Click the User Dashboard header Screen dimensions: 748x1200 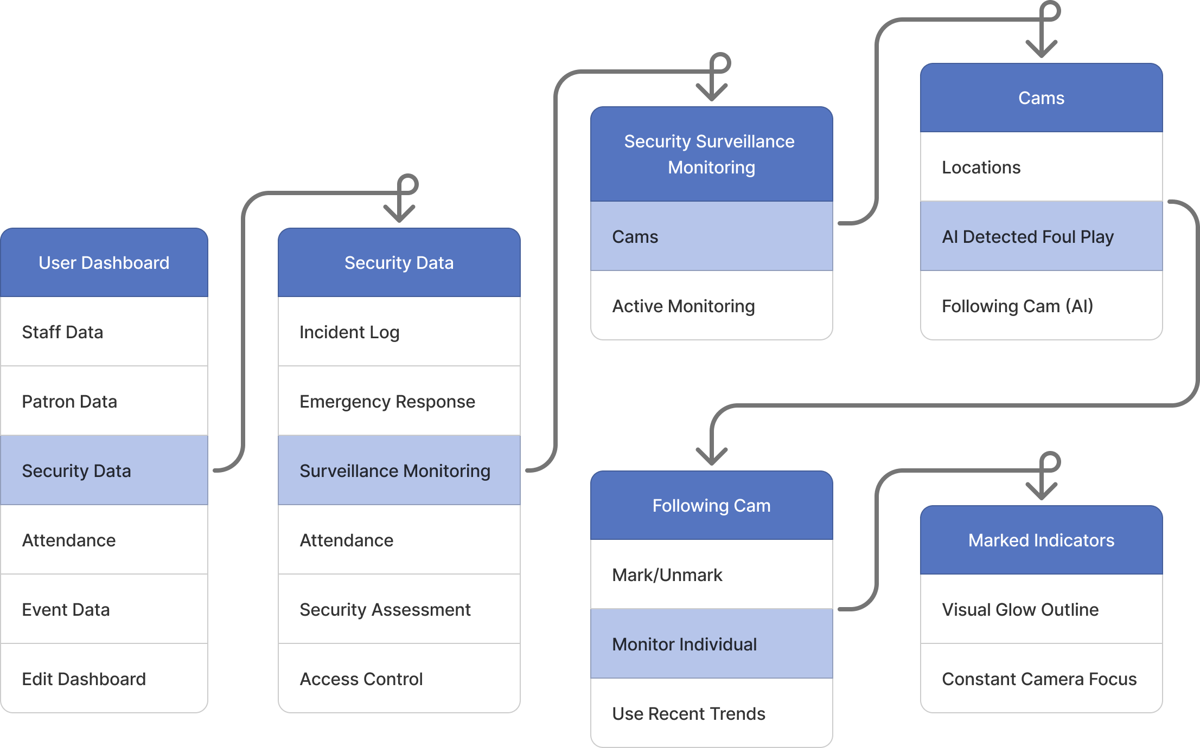[x=104, y=263]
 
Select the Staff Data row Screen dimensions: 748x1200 [x=104, y=332]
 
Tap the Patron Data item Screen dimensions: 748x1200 [x=104, y=401]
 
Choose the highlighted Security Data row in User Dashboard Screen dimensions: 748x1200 [x=104, y=470]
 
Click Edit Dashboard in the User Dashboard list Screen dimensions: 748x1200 [x=104, y=679]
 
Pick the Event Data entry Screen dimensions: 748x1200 [x=104, y=609]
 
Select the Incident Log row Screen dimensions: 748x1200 [x=399, y=332]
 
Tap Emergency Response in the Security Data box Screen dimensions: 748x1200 [x=399, y=401]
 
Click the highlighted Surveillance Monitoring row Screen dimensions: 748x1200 [x=399, y=470]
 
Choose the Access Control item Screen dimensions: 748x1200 [x=399, y=679]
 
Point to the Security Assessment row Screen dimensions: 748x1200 [x=399, y=609]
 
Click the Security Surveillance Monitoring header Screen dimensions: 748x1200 [x=711, y=154]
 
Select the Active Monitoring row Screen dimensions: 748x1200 [x=711, y=306]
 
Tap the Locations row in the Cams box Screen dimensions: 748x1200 [x=1041, y=167]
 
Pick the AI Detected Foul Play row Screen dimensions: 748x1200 [x=1041, y=236]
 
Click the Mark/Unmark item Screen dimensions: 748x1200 [x=711, y=575]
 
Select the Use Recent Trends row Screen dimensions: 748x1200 [x=711, y=713]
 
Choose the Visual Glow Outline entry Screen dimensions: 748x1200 [x=1041, y=609]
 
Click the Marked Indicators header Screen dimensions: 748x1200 [x=1041, y=540]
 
